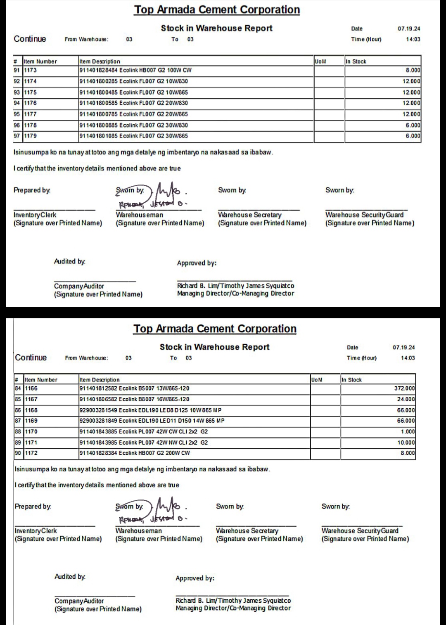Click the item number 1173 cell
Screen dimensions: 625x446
[30, 70]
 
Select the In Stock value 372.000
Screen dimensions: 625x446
[404, 388]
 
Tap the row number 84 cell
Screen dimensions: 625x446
[18, 388]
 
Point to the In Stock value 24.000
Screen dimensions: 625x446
[406, 399]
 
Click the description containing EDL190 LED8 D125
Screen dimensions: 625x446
[150, 410]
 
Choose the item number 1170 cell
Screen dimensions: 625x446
[31, 431]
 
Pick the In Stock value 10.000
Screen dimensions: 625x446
[406, 443]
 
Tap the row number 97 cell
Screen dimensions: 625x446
[17, 136]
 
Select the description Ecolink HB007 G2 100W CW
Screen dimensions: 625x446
[135, 70]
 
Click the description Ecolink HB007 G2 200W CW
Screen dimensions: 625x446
[135, 453]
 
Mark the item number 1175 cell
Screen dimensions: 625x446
[30, 92]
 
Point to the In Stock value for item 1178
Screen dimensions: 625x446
[413, 125]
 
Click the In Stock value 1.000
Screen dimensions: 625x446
[408, 431]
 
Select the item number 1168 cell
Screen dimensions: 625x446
[31, 410]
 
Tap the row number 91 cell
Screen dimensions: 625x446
[17, 70]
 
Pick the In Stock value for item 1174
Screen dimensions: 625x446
[411, 81]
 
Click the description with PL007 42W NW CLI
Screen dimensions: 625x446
[144, 443]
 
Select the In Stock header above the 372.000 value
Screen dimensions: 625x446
[351, 380]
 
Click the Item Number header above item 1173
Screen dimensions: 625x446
[40, 62]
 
